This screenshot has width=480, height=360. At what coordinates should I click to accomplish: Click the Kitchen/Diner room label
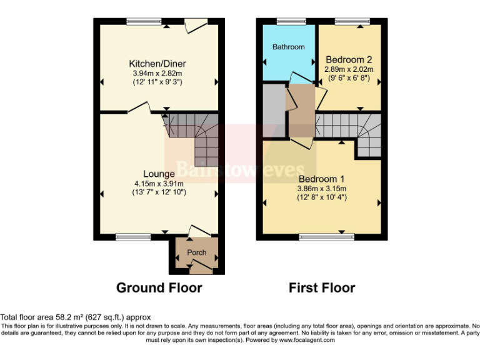click(157, 64)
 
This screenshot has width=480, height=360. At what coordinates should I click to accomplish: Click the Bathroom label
click(289, 47)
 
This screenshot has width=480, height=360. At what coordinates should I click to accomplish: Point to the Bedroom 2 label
click(347, 60)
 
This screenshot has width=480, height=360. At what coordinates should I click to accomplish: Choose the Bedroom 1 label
click(321, 178)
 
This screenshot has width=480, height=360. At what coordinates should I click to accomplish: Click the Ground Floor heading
click(159, 288)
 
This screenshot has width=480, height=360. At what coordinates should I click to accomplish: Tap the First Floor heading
click(321, 288)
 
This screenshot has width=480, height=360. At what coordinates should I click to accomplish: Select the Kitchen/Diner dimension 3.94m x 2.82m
click(157, 73)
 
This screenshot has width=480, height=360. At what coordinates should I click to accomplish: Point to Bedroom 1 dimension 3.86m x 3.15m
click(321, 188)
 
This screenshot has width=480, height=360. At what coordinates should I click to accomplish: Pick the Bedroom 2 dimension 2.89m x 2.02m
click(348, 69)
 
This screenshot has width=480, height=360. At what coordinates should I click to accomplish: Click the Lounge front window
click(129, 237)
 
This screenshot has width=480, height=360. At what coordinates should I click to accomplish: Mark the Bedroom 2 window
click(348, 22)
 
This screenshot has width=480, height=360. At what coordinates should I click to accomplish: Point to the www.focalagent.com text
click(307, 341)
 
